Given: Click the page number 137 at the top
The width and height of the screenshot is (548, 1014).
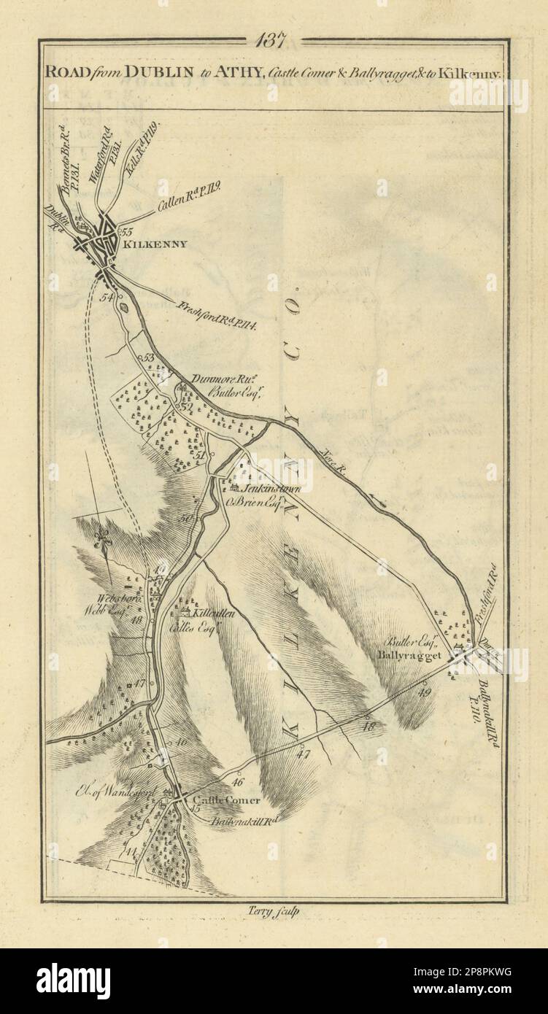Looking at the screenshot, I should point(274,41).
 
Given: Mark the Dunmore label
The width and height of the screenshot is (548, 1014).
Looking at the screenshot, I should point(212,379).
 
